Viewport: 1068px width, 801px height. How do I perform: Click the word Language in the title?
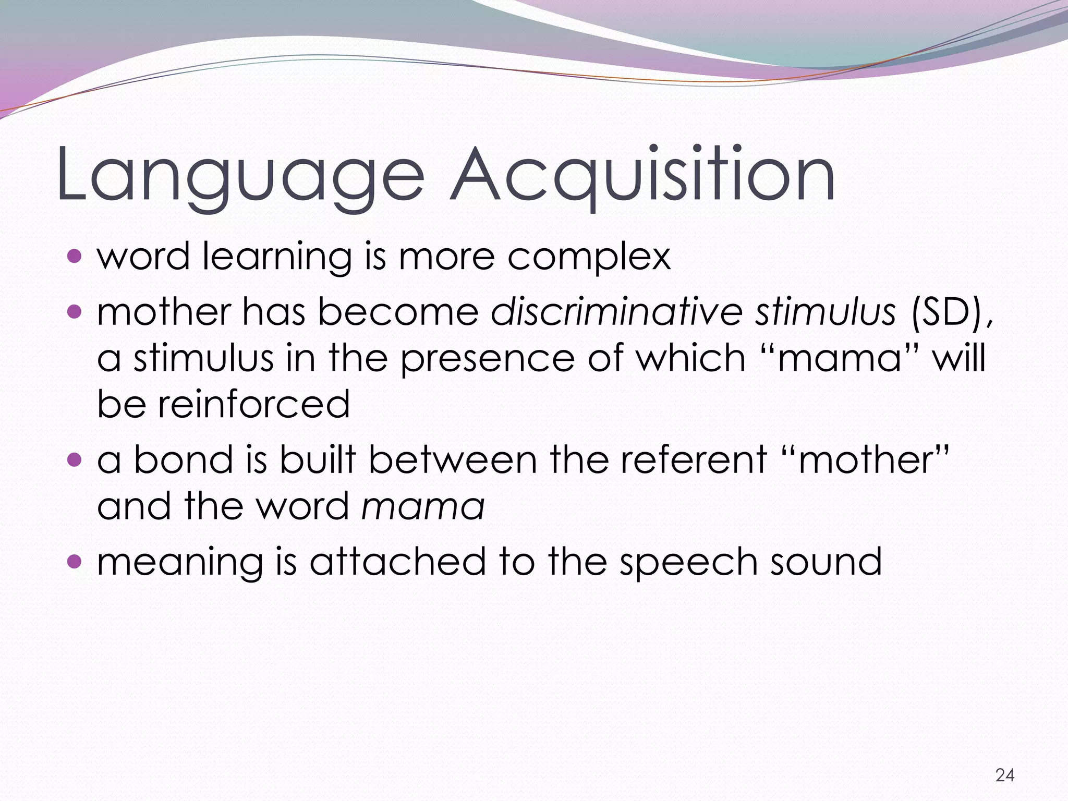click(x=240, y=175)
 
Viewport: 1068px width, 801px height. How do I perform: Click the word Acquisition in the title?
click(x=642, y=175)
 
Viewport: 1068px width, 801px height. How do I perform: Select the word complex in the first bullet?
click(x=589, y=257)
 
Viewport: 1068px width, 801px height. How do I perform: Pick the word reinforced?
click(x=254, y=404)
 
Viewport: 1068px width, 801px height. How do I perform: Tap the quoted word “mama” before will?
click(x=840, y=358)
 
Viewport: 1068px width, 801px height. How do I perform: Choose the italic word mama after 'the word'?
click(x=423, y=506)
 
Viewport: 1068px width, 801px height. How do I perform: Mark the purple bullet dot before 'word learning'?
click(x=75, y=256)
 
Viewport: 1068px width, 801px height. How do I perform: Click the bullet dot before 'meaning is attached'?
click(x=75, y=562)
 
